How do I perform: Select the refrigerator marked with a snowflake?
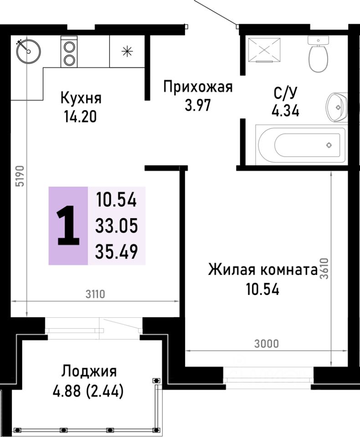tap(127, 51)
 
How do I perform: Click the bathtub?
tap(301, 145)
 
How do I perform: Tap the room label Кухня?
tap(81, 97)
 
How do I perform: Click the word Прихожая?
tap(198, 86)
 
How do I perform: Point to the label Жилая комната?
tap(262, 270)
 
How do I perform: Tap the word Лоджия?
tap(89, 371)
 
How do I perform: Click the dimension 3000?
tap(266, 343)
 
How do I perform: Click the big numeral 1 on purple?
tap(68, 225)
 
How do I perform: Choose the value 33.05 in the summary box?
tap(117, 225)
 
